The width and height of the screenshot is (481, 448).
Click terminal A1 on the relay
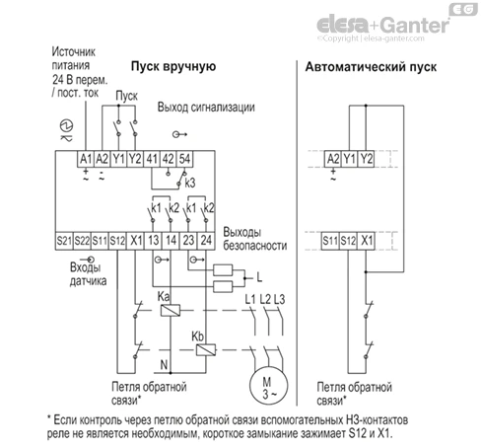[x=86, y=159]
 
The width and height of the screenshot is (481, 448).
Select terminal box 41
[x=152, y=159]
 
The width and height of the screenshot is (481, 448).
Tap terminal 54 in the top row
[x=184, y=159]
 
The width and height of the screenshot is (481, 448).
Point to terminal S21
[x=64, y=241]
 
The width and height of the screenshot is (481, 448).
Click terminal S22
[x=82, y=241]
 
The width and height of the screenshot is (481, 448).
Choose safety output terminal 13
[x=153, y=241]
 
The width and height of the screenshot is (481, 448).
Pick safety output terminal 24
[x=206, y=241]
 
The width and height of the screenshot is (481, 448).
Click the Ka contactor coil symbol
[x=171, y=310]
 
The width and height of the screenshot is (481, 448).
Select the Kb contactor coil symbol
[x=206, y=349]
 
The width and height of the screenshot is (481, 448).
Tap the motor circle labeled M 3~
[x=268, y=386]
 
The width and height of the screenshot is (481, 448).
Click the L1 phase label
[x=250, y=299]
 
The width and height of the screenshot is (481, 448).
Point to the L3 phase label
[x=279, y=299]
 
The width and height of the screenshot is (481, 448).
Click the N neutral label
[x=164, y=364]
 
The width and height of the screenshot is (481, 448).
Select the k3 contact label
[x=190, y=183]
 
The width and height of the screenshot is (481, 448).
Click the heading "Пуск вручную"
[x=173, y=66]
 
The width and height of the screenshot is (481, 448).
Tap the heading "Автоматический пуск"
[x=371, y=67]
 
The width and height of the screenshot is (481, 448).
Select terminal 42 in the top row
[x=168, y=159]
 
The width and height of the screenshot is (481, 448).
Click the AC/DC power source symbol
[x=66, y=130]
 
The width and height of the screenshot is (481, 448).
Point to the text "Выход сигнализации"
[x=206, y=108]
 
